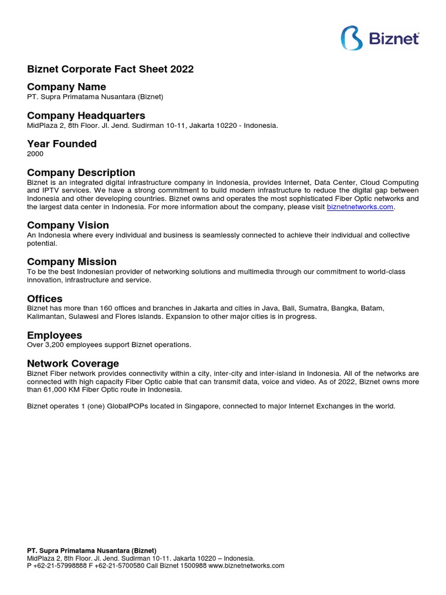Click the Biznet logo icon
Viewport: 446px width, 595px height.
click(352, 38)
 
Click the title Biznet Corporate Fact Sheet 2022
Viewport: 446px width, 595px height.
click(110, 69)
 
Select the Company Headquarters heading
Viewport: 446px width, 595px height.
click(86, 116)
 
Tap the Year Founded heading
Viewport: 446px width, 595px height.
click(62, 144)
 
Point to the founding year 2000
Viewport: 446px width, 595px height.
click(35, 154)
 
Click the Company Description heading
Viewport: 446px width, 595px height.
click(81, 173)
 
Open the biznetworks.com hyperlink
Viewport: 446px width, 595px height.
click(360, 207)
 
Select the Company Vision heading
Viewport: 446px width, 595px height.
click(68, 225)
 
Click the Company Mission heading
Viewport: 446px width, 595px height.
click(72, 262)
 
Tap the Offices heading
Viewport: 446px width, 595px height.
click(45, 299)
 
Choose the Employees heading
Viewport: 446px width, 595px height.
click(55, 335)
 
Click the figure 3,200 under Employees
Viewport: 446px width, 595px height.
click(55, 345)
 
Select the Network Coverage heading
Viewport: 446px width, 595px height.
click(73, 364)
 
